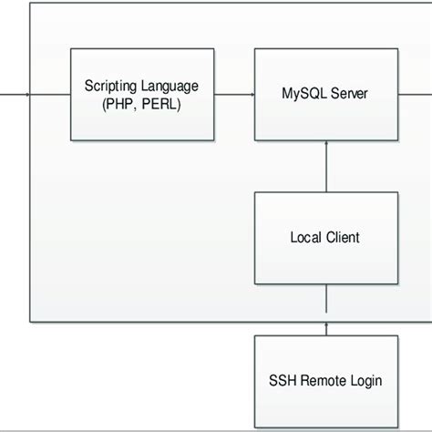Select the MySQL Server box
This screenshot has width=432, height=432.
point(325,94)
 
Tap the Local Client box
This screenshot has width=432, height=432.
point(325,238)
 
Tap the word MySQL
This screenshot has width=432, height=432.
point(305,93)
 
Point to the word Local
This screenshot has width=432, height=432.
point(305,238)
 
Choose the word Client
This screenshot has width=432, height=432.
point(343,238)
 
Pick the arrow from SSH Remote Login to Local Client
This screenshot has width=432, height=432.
point(325,310)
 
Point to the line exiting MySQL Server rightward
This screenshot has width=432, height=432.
point(414,94)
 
